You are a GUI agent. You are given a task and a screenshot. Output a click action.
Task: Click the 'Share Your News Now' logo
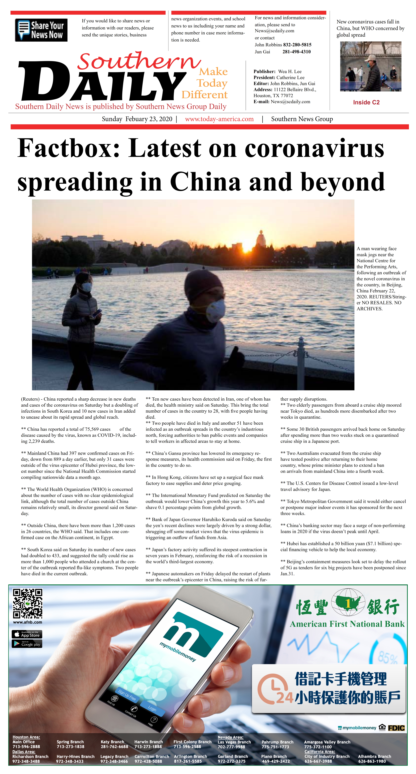tap(41, 30)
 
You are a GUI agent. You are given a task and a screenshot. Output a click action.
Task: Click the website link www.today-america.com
tap(219, 119)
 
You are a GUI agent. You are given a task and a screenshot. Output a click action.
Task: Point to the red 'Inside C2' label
tap(366, 102)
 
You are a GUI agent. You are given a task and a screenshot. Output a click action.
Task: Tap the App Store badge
tap(27, 634)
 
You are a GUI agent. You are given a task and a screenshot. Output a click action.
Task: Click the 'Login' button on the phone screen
tap(152, 709)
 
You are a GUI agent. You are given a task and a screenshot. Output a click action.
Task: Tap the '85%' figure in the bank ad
tap(388, 658)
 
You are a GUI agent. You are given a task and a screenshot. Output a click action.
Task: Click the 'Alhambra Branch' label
tap(374, 756)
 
